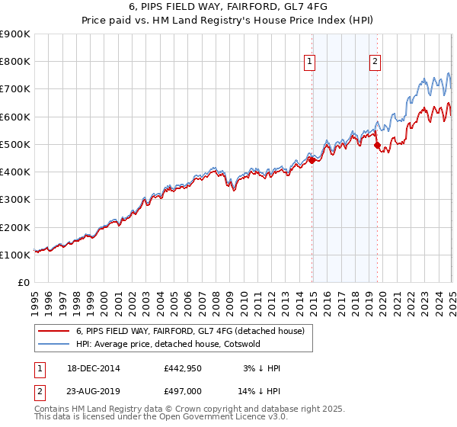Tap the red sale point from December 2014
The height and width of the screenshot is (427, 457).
312,160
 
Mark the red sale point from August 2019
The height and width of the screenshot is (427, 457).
377,145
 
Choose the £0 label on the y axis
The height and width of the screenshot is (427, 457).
23,283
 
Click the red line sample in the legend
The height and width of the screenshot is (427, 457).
54,332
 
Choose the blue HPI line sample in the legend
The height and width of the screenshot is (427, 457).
54,344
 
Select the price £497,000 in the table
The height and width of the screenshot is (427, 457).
182,390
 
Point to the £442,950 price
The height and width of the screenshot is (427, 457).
182,368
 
